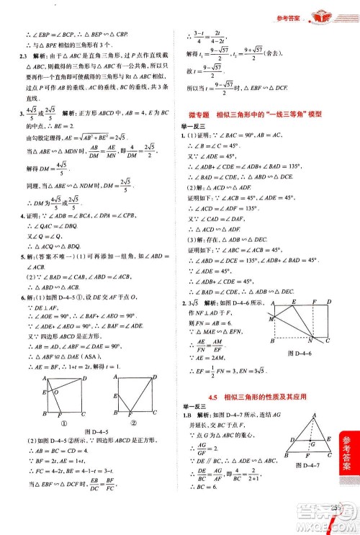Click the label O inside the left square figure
coord(47,392)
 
